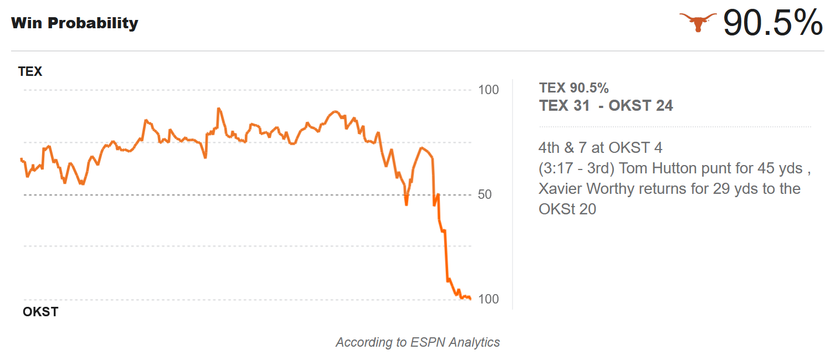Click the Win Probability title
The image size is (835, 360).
(74, 23)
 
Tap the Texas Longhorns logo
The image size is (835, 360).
(698, 22)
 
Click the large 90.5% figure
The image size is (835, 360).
(773, 23)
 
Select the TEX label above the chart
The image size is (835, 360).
(30, 71)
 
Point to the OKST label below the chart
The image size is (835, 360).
(40, 312)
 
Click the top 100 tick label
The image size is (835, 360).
(488, 90)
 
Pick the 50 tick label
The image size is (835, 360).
(485, 194)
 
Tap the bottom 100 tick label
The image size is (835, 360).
(488, 299)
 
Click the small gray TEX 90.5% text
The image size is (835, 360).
(573, 88)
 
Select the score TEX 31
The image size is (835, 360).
(565, 106)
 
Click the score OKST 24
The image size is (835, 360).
(641, 106)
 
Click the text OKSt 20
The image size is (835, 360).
(567, 209)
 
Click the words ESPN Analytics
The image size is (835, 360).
(455, 342)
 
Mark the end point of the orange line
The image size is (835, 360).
(470, 299)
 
